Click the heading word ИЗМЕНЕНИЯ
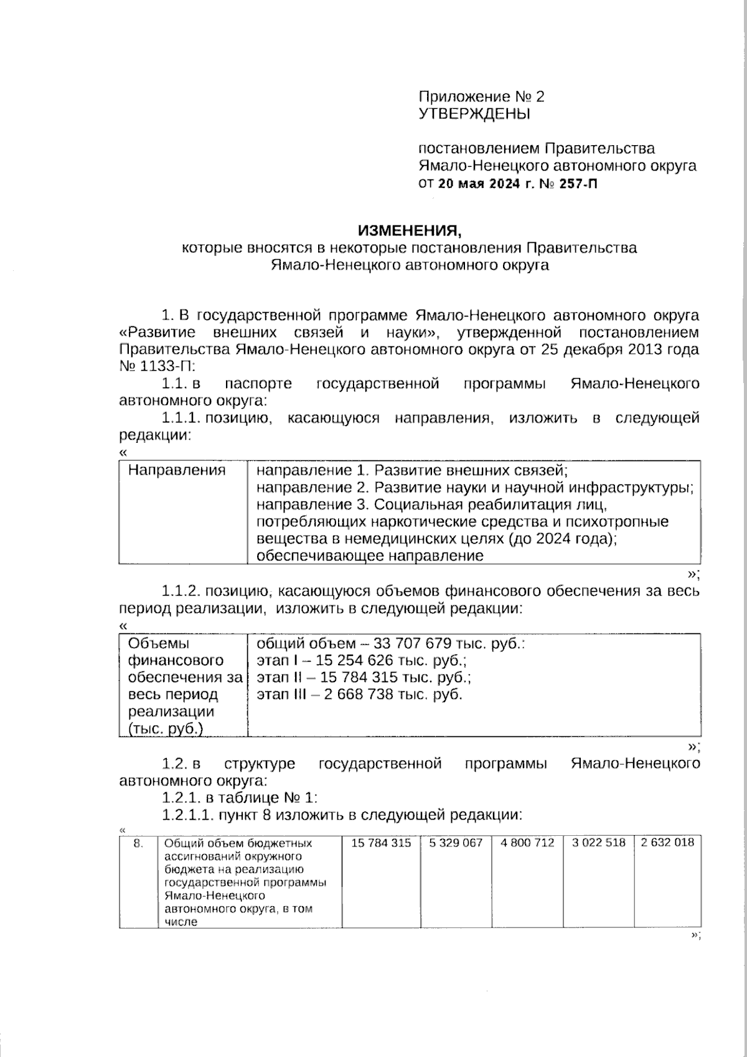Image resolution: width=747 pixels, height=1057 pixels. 410,231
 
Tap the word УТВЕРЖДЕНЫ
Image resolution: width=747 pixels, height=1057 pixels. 474,114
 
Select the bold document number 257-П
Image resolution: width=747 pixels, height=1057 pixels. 578,184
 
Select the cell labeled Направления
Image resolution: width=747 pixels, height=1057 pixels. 177,470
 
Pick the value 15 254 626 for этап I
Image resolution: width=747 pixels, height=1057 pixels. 354,660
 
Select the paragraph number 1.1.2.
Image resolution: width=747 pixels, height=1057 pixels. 181,590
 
